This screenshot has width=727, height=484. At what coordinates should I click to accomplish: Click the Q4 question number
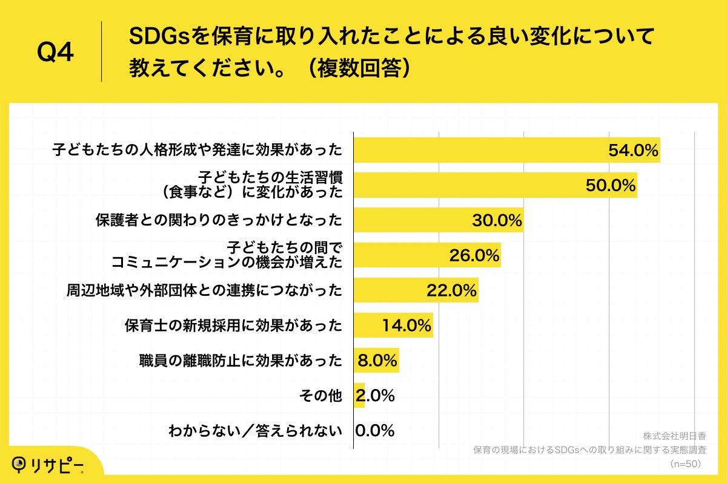(55, 53)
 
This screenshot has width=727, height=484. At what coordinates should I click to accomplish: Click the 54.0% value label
(633, 151)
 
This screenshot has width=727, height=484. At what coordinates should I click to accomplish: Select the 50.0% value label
(611, 186)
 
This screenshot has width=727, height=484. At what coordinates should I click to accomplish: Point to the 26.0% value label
(474, 255)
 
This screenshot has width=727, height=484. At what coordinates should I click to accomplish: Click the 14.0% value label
(407, 325)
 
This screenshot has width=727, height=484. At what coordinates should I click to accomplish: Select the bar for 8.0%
(376, 361)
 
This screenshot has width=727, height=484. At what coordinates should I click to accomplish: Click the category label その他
(320, 396)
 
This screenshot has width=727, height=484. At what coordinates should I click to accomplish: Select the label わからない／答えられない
(255, 431)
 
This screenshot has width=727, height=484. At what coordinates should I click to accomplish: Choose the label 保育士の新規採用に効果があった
(233, 326)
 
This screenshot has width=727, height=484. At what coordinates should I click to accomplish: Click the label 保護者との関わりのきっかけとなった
(219, 220)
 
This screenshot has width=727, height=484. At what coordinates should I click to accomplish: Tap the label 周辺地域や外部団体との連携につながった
(204, 291)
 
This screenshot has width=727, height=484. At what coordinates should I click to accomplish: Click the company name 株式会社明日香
(675, 436)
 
